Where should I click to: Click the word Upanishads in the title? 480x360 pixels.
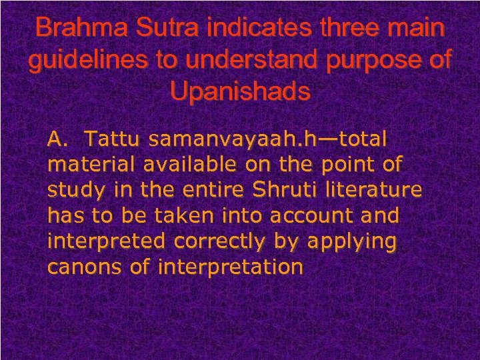pyautogui.click(x=240, y=91)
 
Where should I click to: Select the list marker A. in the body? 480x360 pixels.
pyautogui.click(x=59, y=139)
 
